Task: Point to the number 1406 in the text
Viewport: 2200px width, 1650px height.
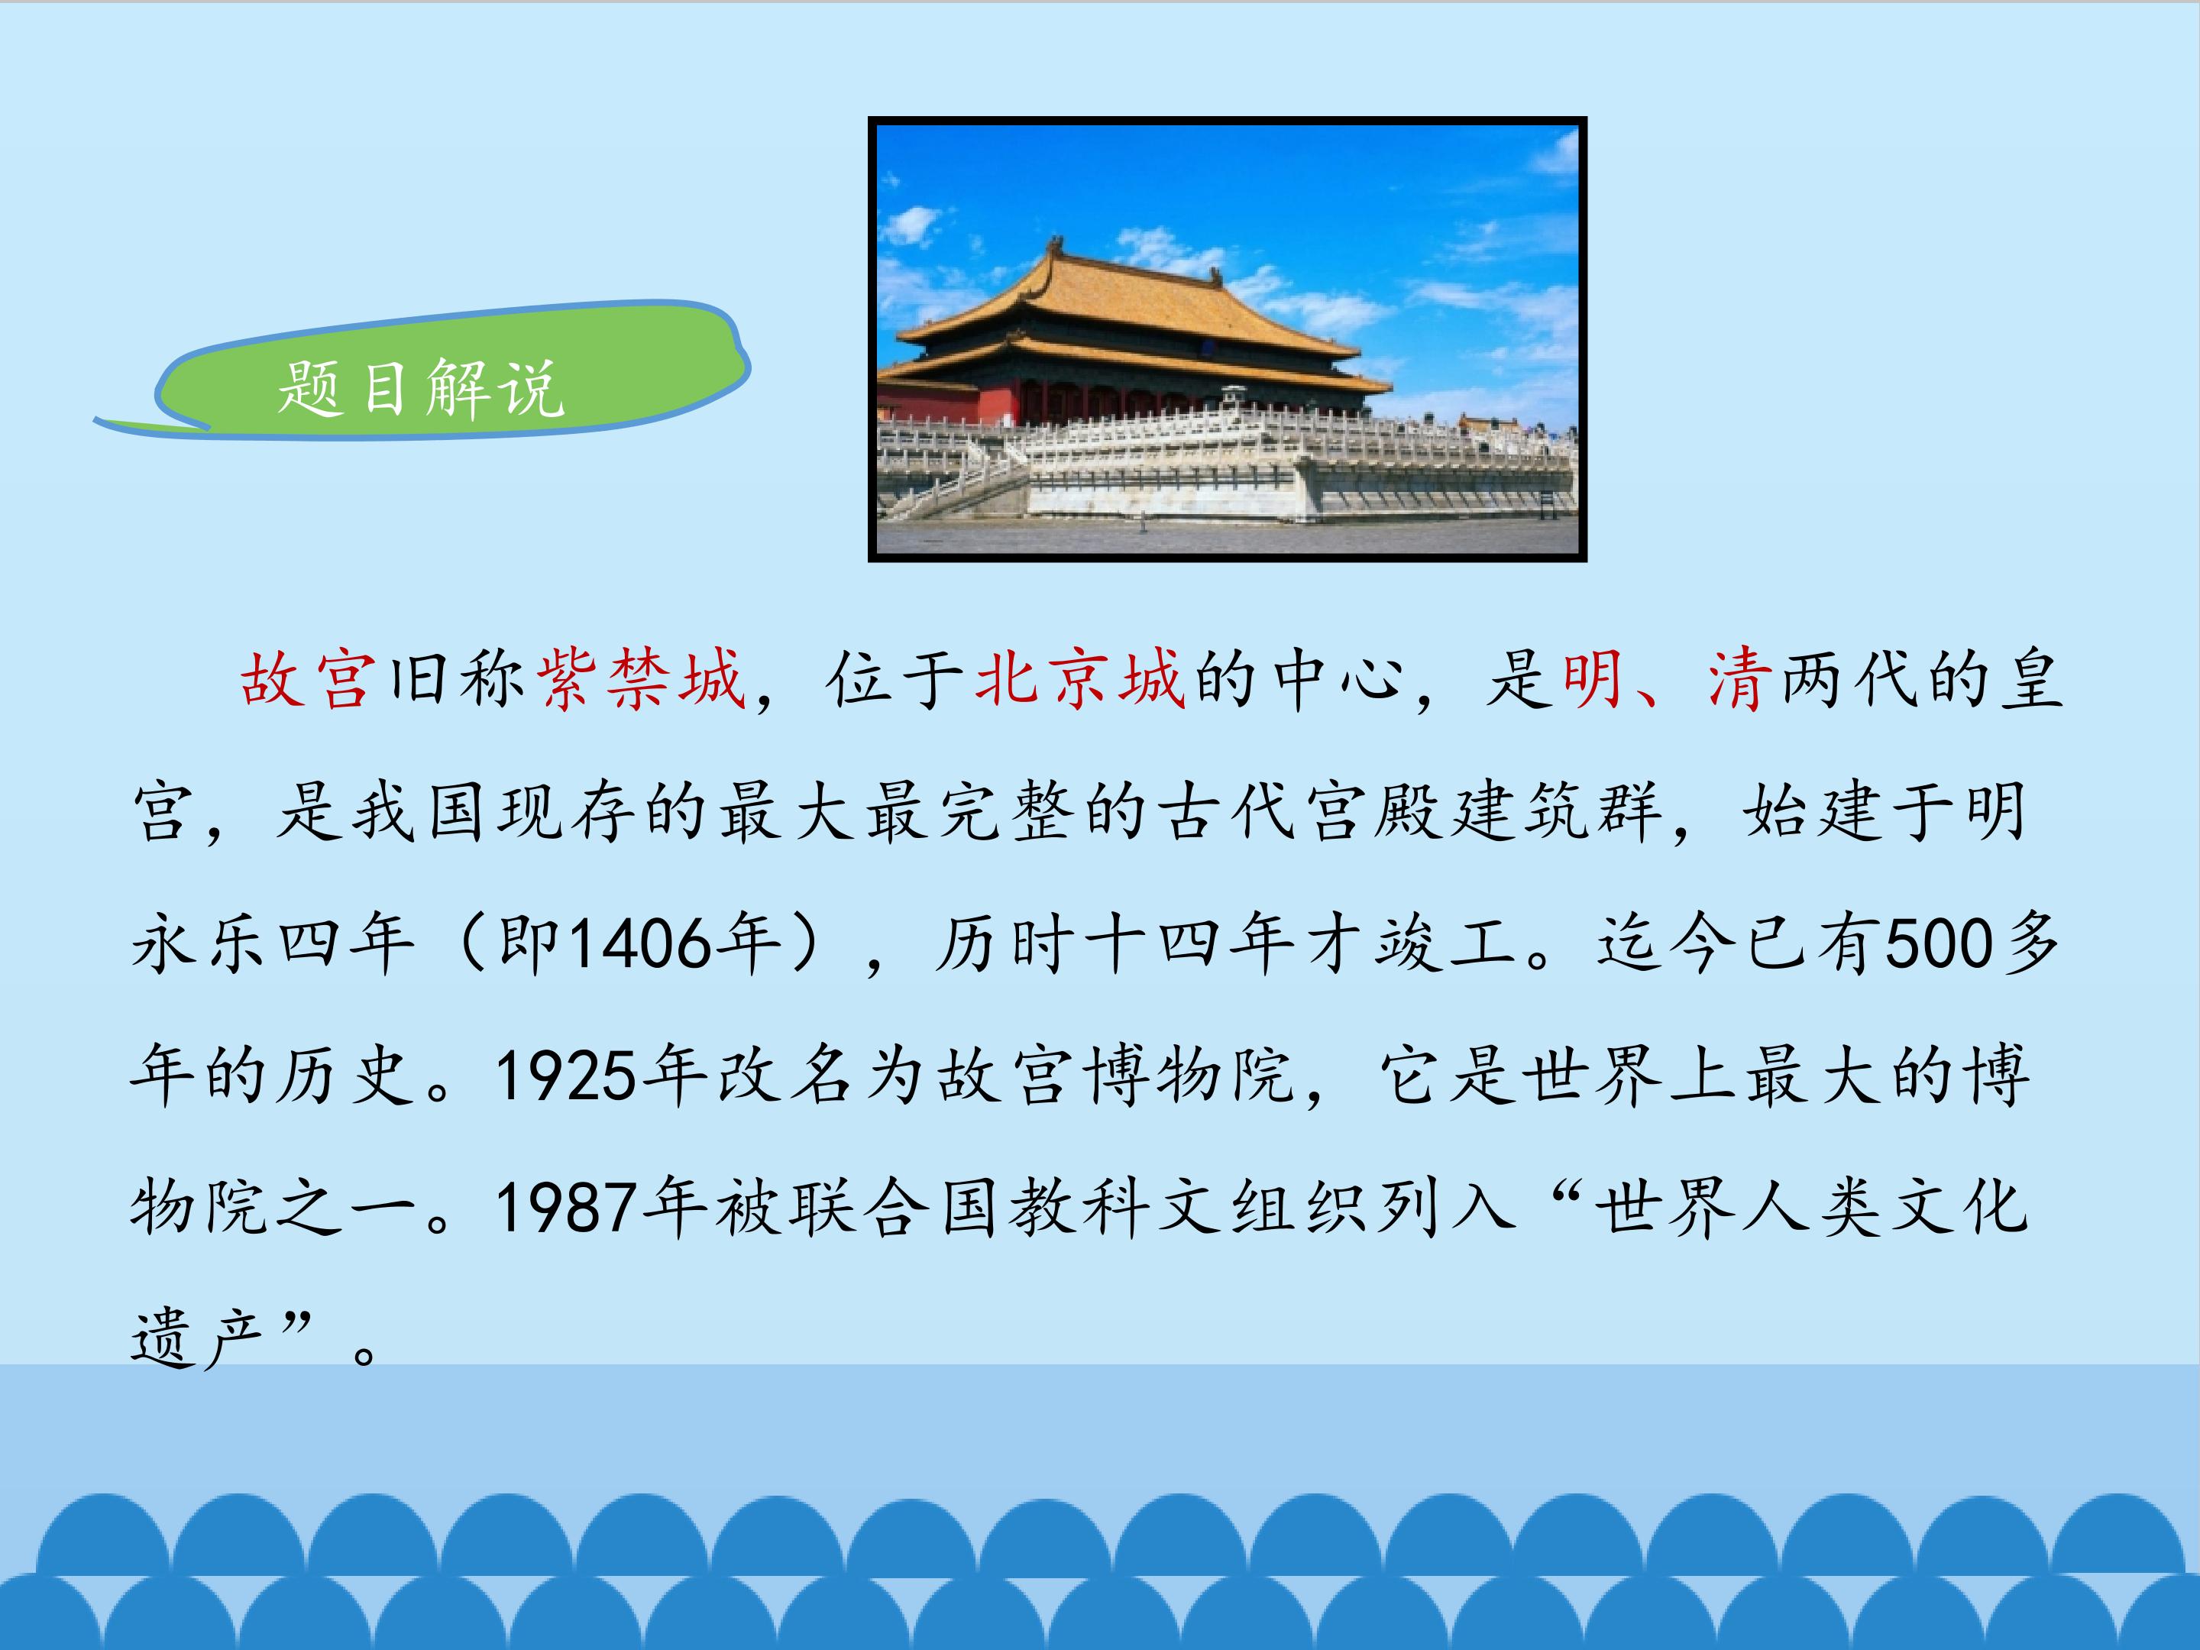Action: [x=642, y=943]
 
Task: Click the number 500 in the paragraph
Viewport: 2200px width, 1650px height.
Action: [x=1940, y=943]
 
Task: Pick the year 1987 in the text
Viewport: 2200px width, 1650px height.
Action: [x=566, y=1208]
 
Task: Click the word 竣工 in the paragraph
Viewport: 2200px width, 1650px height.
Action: [x=1447, y=943]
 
